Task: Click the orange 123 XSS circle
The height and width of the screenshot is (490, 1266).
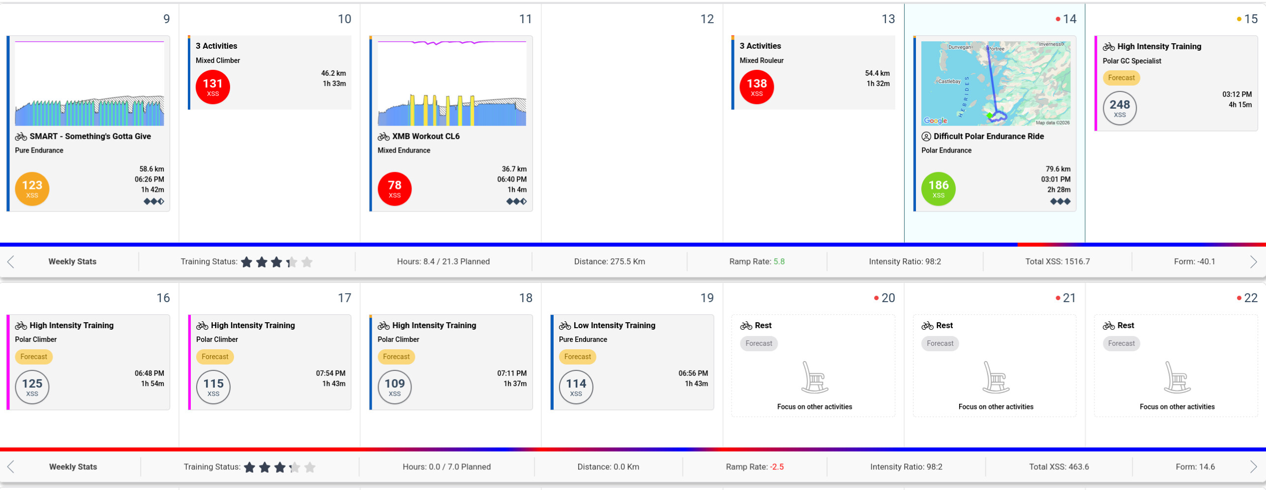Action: coord(32,189)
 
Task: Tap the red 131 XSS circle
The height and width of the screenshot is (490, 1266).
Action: coord(212,87)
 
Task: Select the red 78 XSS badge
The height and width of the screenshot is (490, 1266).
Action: coord(394,189)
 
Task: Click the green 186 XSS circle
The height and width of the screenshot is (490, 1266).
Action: coord(938,189)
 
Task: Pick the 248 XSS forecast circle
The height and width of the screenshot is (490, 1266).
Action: coord(1119,108)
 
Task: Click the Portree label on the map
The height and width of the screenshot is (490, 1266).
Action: coord(997,49)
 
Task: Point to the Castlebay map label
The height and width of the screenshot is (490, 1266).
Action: coord(949,81)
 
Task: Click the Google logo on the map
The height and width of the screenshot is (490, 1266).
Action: coord(935,121)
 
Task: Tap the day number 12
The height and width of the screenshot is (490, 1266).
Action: coord(707,19)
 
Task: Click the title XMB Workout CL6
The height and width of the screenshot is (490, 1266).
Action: coord(426,136)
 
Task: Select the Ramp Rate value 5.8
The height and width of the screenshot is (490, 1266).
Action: coord(779,262)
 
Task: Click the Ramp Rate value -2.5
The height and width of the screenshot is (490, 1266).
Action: coord(777,467)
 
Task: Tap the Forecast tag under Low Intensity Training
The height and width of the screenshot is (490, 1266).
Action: coord(577,357)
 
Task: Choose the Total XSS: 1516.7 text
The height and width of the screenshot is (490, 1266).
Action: coord(1057,262)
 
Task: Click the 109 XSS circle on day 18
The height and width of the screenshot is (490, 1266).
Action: coord(394,387)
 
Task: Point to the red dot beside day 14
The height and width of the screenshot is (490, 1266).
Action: coord(1058,19)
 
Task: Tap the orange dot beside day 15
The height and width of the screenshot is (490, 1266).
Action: coord(1239,19)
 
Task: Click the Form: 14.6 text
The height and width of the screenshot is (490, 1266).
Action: coord(1195,467)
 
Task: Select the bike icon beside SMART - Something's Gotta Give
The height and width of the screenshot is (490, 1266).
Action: coord(21,137)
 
